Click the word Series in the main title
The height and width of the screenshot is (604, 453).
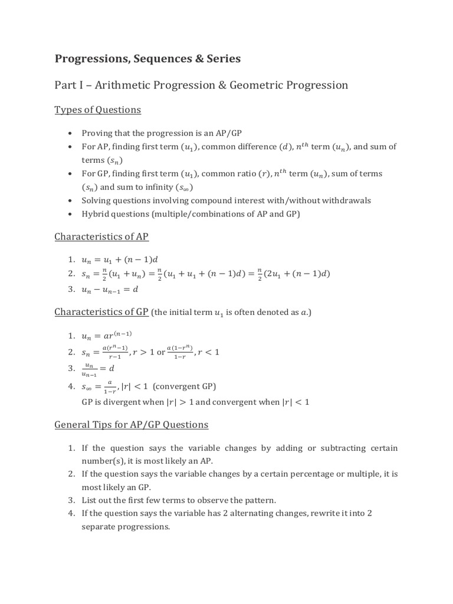[x=221, y=58]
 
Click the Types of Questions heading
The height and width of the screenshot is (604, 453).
[x=98, y=110]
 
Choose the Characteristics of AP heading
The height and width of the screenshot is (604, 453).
[x=101, y=237]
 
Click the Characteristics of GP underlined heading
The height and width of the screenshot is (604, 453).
[x=101, y=311]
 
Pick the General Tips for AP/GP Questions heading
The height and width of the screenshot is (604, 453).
[x=131, y=424]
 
